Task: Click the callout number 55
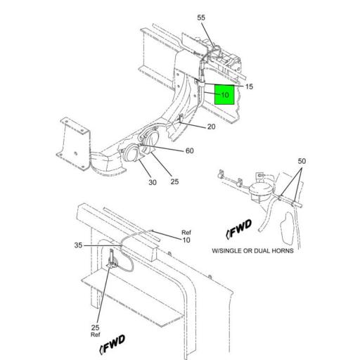point(201,18)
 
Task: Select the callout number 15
point(249,86)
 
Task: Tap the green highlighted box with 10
point(224,94)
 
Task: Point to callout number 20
point(211,127)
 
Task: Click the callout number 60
point(189,150)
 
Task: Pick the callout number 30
point(153,182)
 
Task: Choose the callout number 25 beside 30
point(174,181)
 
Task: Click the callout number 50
point(302,161)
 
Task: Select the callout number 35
point(78,245)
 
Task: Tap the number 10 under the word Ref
point(186,240)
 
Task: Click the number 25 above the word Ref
point(96,328)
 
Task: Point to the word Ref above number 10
point(186,233)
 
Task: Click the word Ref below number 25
point(96,335)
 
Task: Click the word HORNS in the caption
point(283,251)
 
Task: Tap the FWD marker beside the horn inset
point(239,229)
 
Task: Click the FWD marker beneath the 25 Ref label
point(112,344)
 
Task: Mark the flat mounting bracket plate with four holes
point(74,143)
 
